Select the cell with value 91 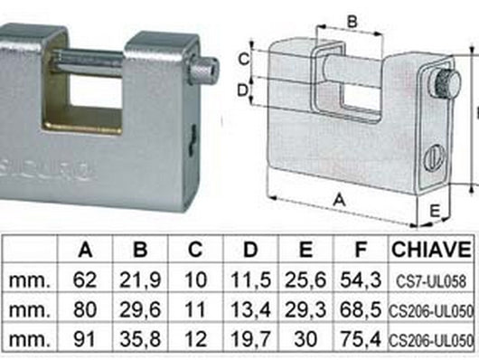click(85, 341)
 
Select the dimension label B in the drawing click(352, 19)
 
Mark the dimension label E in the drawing click(434, 211)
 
